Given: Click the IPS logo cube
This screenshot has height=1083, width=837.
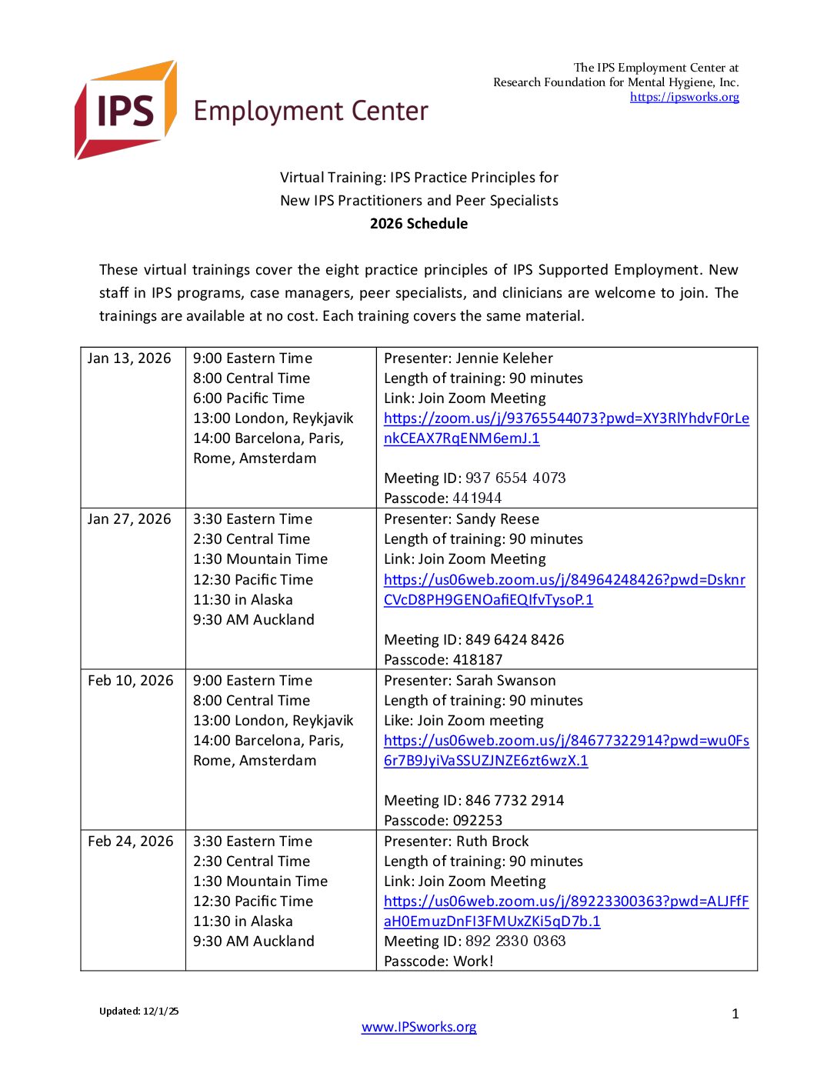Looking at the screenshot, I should click(x=126, y=110).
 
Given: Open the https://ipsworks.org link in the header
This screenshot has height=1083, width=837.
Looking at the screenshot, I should click(x=684, y=97).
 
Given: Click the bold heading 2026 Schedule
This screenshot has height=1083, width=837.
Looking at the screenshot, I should click(x=418, y=224).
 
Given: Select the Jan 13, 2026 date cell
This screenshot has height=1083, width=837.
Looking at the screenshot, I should click(x=129, y=358).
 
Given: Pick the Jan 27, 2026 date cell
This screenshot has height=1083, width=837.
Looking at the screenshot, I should click(x=129, y=519).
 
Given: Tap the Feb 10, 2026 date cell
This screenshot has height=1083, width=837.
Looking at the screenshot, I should click(x=131, y=681).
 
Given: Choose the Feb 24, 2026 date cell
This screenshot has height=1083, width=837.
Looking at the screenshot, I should click(x=131, y=841).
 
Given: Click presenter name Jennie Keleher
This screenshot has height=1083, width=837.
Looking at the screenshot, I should click(x=504, y=358).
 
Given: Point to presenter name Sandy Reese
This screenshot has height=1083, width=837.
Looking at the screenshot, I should click(x=497, y=519).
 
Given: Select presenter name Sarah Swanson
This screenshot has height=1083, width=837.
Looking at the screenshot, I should click(x=505, y=681).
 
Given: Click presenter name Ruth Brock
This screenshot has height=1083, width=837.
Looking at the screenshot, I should click(x=492, y=841).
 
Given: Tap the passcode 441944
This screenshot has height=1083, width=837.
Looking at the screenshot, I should click(x=477, y=498).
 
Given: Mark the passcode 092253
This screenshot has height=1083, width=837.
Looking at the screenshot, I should click(x=478, y=821).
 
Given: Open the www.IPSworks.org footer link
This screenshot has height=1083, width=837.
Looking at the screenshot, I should click(x=418, y=1027).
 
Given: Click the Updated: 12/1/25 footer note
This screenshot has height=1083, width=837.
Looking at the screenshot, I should click(x=138, y=1011).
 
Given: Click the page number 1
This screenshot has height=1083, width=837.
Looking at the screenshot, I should click(x=735, y=1014).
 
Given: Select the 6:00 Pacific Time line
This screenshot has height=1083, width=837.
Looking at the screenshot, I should click(x=248, y=398).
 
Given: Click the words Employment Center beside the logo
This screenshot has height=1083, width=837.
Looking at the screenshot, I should click(x=311, y=112).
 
